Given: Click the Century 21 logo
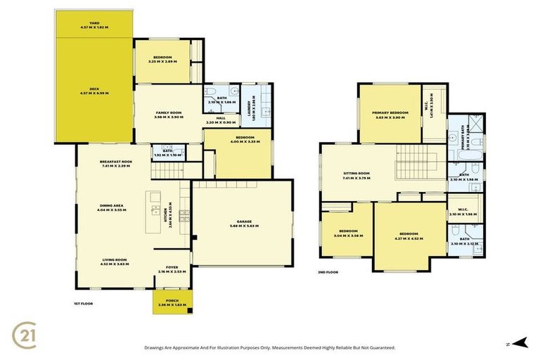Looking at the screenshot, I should pyautogui.click(x=27, y=334).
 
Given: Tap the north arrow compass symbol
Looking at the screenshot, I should pyautogui.click(x=519, y=342).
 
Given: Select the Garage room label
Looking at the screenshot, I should pyautogui.click(x=240, y=221).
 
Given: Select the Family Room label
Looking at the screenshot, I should pyautogui.click(x=169, y=114).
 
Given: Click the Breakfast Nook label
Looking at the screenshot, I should pyautogui.click(x=116, y=162).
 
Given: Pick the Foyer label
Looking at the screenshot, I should pyautogui.click(x=171, y=268).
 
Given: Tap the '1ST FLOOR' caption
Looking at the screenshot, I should pyautogui.click(x=84, y=303).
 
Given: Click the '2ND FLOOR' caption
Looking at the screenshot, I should pyautogui.click(x=328, y=271).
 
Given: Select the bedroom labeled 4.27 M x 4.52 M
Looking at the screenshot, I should pyautogui.click(x=409, y=236).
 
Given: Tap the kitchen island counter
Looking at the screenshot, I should pyautogui.click(x=153, y=211).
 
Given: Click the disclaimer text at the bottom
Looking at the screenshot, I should pyautogui.click(x=269, y=347).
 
